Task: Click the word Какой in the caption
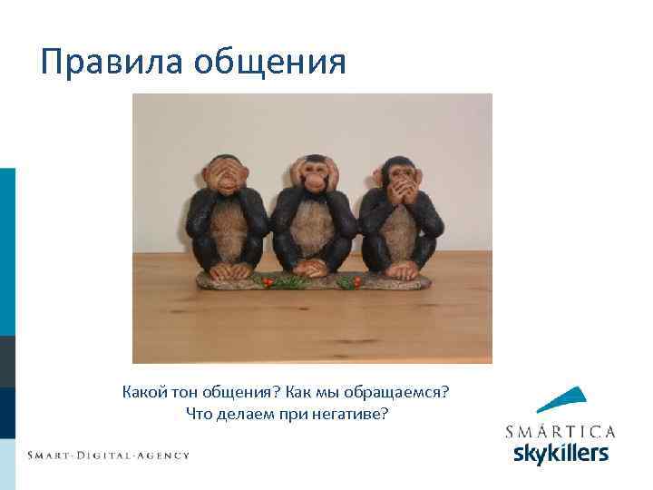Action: pos(144,394)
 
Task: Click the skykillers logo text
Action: pos(560,452)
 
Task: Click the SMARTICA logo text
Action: pos(560,430)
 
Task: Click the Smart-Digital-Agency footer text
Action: pos(108,455)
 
